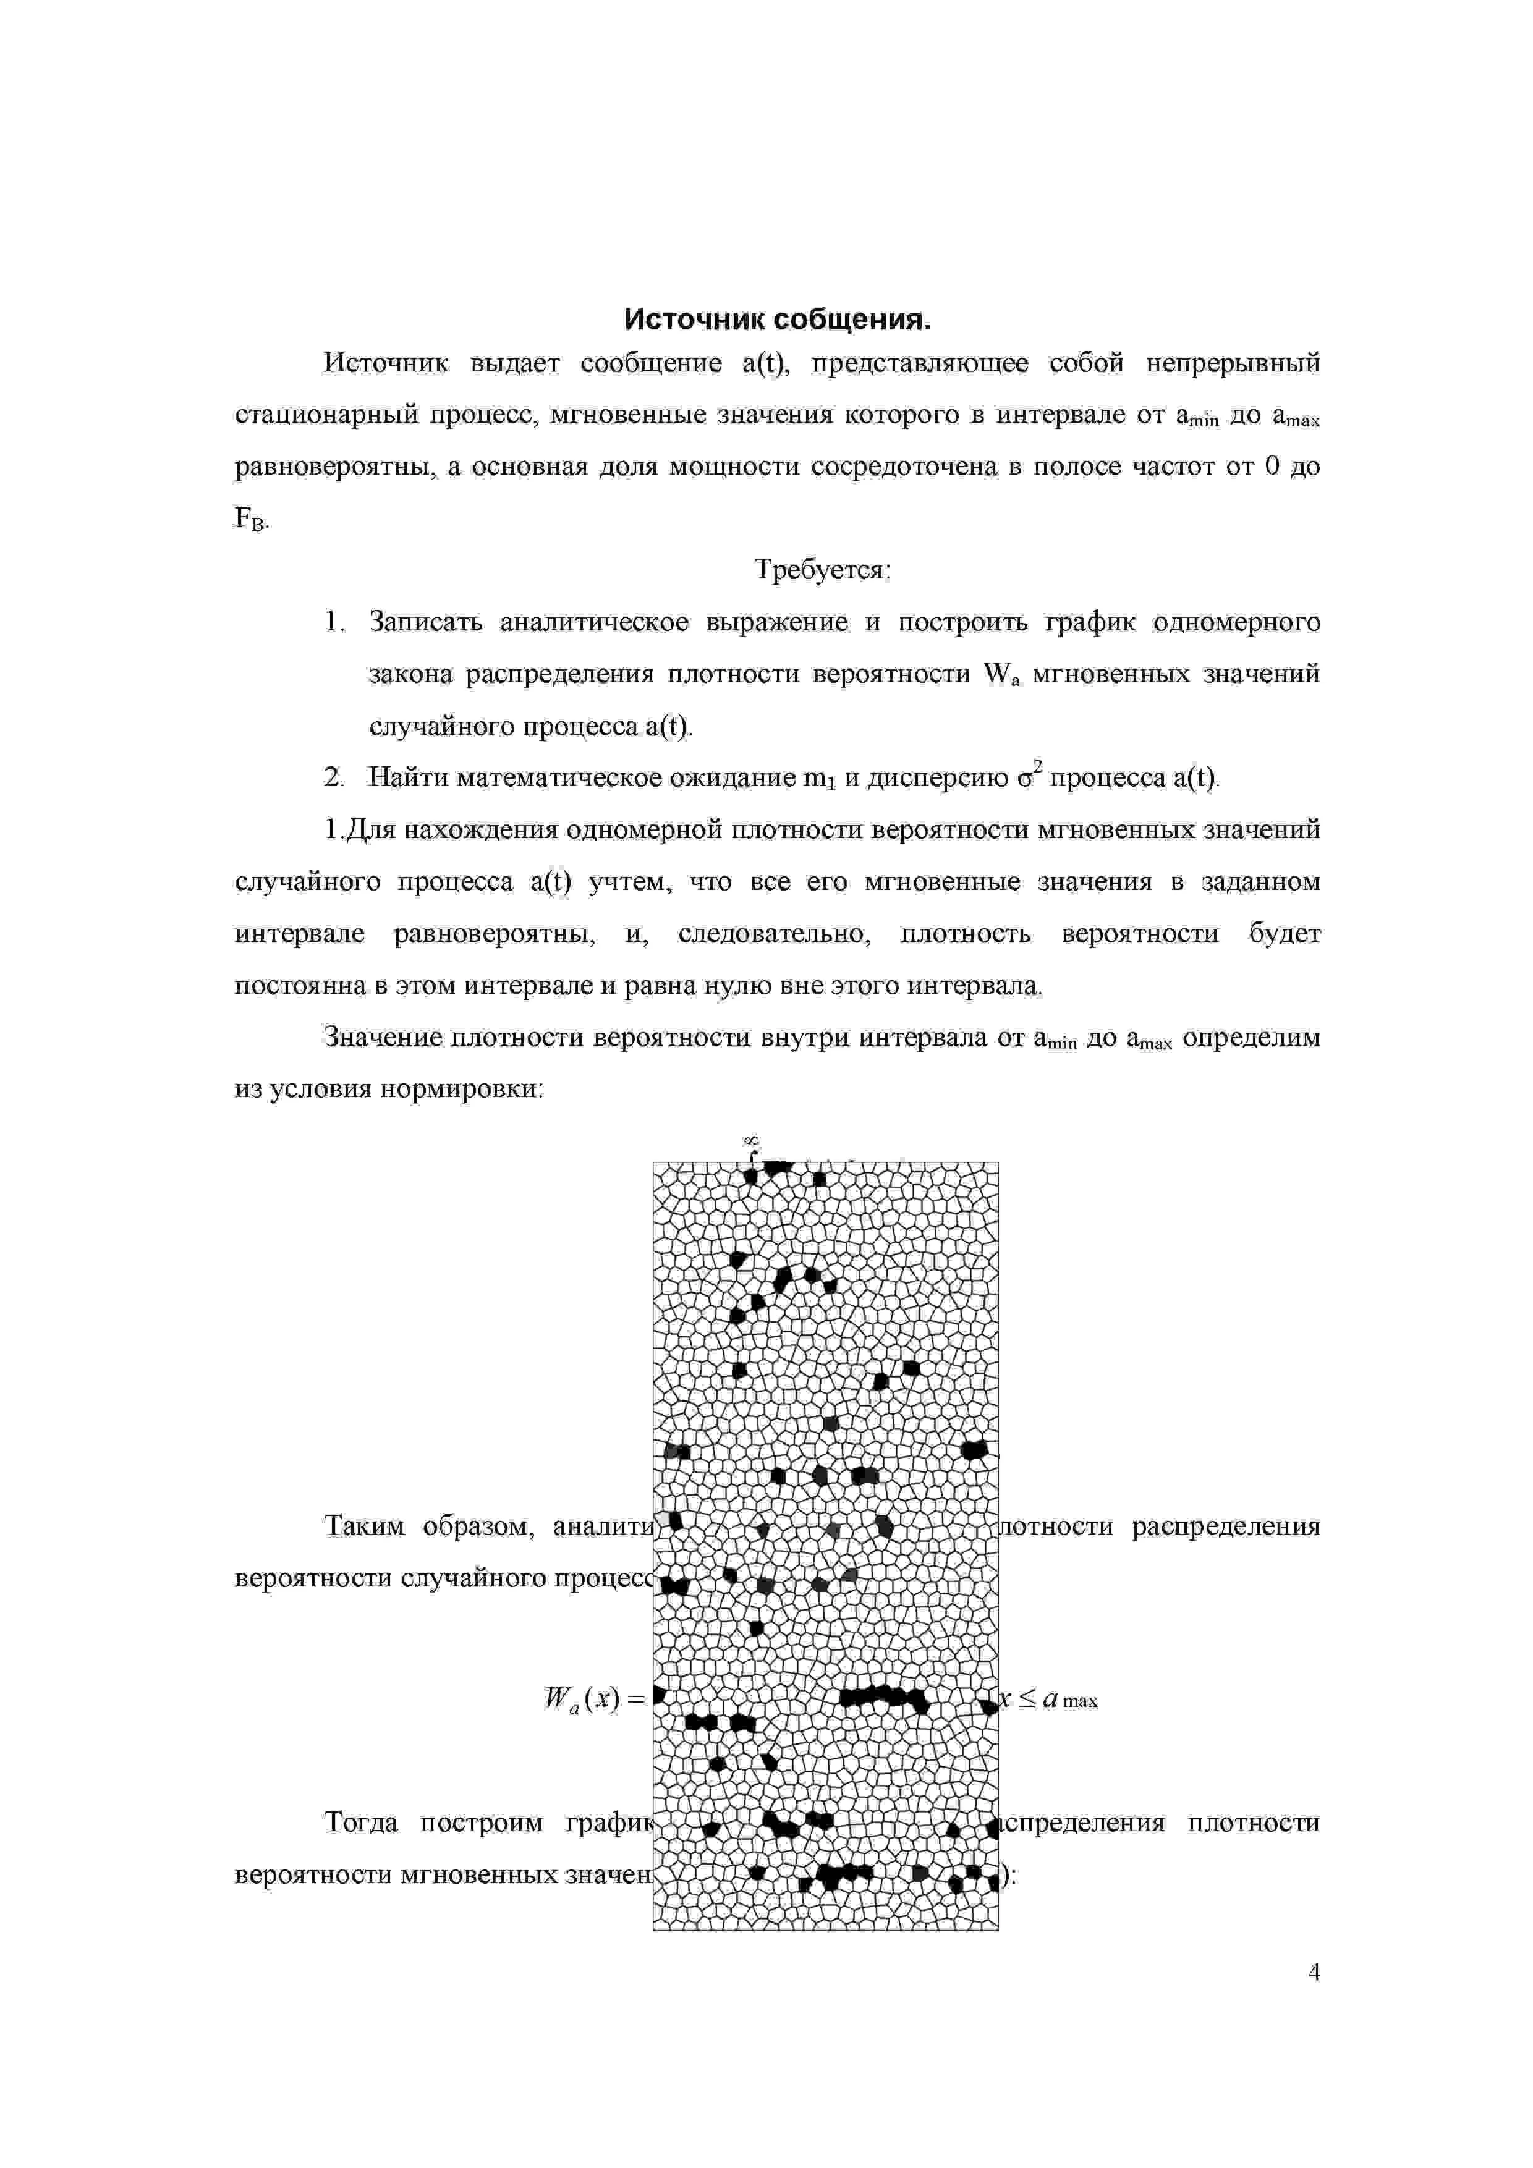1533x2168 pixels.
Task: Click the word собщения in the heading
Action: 852,320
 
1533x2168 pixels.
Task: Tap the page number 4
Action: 1314,1973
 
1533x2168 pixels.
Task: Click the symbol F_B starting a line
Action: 250,519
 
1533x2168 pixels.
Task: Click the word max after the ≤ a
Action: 1080,1701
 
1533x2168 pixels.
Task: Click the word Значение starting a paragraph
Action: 383,1038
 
